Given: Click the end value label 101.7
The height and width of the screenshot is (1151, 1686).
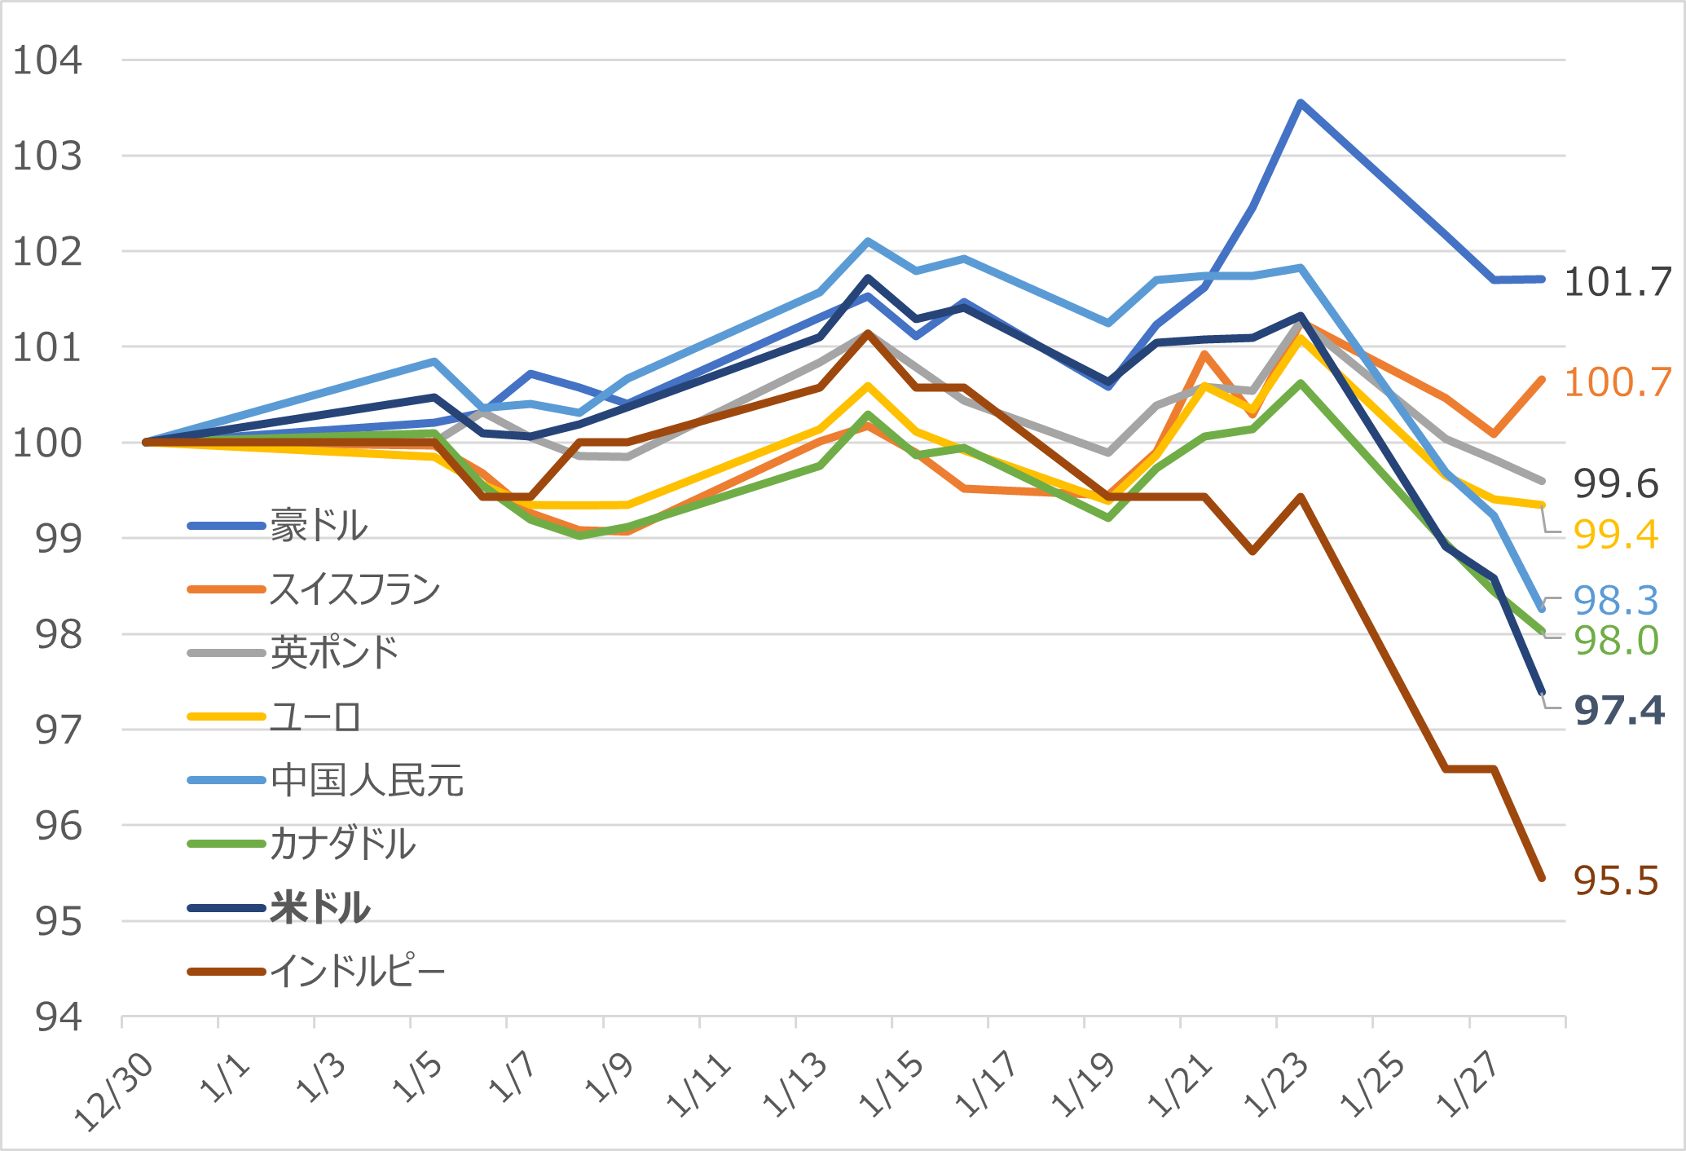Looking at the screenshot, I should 1618,283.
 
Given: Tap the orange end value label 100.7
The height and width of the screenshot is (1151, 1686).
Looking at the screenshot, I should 1618,382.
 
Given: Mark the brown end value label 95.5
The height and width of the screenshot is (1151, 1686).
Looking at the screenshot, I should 1615,881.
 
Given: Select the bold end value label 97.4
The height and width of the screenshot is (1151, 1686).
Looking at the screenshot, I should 1618,711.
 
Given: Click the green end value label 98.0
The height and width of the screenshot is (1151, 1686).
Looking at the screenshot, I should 1616,641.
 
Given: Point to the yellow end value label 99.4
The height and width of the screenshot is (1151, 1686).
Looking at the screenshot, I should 1616,535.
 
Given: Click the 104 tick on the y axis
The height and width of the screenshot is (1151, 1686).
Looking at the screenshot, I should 47,60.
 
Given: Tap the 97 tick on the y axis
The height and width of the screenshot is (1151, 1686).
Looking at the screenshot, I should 59,730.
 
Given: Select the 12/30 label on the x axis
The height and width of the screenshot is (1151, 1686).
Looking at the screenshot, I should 114,1092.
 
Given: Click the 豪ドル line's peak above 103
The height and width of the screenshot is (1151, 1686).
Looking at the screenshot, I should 1301,103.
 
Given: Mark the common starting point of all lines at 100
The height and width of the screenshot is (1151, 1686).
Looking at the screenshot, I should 146,442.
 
